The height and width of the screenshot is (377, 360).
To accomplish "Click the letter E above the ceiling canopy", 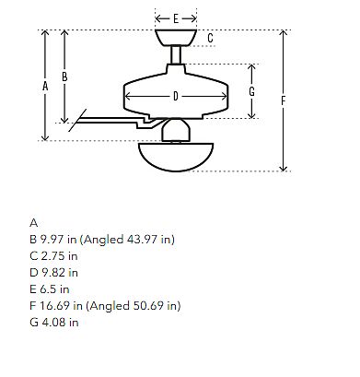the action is point(176,18).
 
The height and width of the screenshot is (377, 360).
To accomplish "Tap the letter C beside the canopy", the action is point(210,38).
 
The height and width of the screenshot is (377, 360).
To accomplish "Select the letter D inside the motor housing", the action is point(176,96).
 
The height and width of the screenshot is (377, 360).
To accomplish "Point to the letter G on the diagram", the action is point(251,91).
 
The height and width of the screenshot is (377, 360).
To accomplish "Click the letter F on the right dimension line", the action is point(284,100).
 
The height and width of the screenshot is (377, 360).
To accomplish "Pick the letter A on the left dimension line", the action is point(45,86).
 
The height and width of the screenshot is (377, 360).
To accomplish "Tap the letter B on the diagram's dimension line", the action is point(64,77).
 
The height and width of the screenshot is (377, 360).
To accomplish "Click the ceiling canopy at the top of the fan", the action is point(176,38).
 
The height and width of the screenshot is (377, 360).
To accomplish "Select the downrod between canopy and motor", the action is point(176,55).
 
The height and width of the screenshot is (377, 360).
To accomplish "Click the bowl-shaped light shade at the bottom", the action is point(176,157).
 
